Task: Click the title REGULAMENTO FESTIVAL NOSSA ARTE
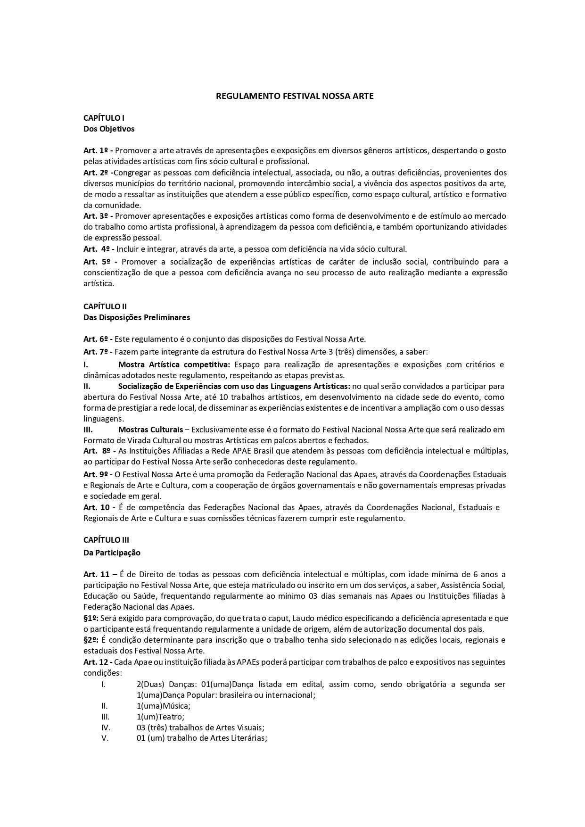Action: click(x=295, y=96)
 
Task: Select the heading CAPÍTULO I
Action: click(x=104, y=118)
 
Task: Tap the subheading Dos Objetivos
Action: click(x=109, y=129)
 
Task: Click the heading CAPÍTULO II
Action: click(x=105, y=306)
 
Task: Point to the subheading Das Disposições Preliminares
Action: click(x=137, y=317)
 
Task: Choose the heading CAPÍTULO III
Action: click(x=106, y=540)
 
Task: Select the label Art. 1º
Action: click(x=97, y=151)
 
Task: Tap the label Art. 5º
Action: click(x=97, y=262)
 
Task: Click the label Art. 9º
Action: click(x=97, y=474)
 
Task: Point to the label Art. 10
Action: click(x=97, y=507)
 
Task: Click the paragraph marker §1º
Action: click(x=91, y=618)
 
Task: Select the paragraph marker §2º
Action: click(x=91, y=640)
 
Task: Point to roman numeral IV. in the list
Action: click(x=106, y=728)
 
